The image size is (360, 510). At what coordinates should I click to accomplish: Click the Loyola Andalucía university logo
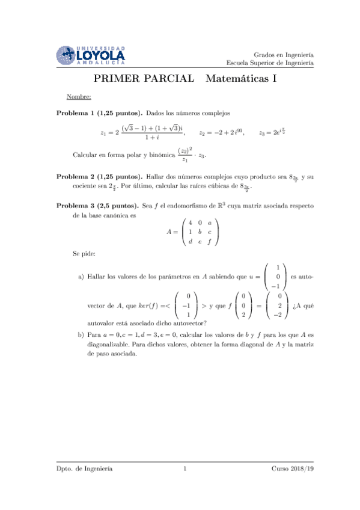pyautogui.click(x=90, y=55)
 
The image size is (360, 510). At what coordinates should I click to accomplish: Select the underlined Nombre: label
pyautogui.click(x=79, y=97)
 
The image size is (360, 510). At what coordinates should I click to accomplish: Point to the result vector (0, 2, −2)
pyautogui.click(x=276, y=305)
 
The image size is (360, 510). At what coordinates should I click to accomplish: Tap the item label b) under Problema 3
pyautogui.click(x=81, y=334)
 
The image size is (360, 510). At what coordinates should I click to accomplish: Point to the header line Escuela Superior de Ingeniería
pyautogui.click(x=270, y=63)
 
